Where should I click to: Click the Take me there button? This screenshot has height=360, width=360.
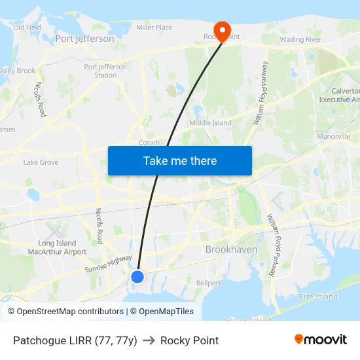[180, 160]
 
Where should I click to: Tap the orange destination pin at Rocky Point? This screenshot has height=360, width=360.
[223, 31]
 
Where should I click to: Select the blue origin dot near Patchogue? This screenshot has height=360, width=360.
[137, 277]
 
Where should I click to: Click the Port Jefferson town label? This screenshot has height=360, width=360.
[84, 39]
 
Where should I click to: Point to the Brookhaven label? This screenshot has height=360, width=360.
[231, 249]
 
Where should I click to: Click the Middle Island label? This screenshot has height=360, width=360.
[210, 123]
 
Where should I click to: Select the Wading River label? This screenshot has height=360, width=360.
[301, 39]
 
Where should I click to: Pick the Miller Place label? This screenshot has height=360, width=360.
[154, 27]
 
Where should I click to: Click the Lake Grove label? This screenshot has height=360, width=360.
[41, 162]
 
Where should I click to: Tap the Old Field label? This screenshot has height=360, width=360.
[27, 27]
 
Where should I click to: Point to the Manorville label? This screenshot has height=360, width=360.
[334, 137]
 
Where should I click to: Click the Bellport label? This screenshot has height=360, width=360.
[209, 283]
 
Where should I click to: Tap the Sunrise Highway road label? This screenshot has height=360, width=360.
[108, 264]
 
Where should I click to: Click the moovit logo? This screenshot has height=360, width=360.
[321, 339]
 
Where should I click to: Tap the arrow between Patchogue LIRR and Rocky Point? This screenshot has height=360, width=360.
[149, 340]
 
